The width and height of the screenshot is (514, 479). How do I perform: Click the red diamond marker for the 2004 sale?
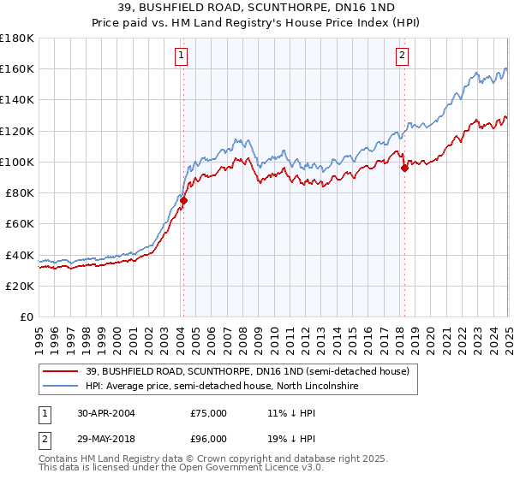(182, 200)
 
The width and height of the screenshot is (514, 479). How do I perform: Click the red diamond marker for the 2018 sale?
(404, 168)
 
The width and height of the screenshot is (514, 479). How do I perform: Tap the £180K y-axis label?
(17, 38)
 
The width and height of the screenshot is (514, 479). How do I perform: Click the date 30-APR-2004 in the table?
(99, 413)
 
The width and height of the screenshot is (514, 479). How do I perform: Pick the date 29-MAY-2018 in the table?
(99, 439)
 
